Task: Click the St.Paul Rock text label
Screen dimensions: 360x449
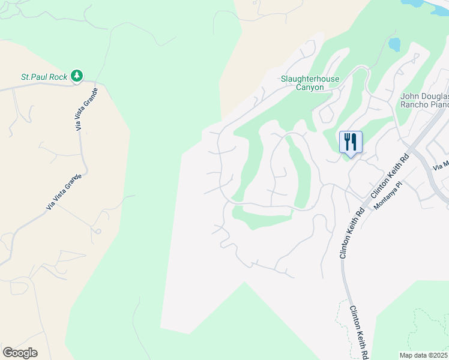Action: [44, 77]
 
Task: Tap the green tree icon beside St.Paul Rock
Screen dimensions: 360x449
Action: [76, 76]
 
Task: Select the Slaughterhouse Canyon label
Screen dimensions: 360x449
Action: [310, 83]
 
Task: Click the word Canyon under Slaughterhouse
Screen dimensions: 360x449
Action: [310, 88]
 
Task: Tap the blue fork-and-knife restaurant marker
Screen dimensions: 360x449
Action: [351, 143]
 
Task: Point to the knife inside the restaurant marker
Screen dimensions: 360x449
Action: [355, 142]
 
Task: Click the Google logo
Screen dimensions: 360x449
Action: [20, 352]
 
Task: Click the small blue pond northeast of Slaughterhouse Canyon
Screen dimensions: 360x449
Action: [394, 44]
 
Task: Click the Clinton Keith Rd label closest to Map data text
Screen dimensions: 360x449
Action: [359, 332]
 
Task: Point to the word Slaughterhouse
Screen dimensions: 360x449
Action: [310, 79]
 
